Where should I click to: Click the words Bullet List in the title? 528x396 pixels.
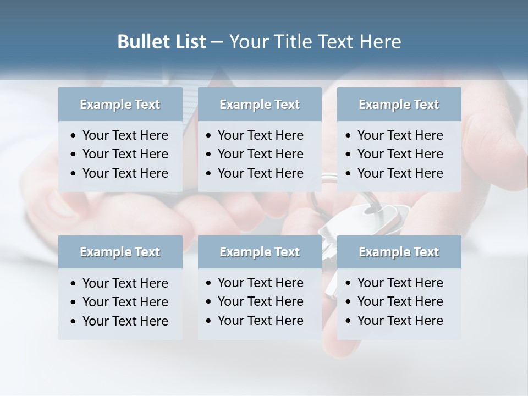pos(162,42)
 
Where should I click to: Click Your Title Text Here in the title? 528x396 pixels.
pos(315,42)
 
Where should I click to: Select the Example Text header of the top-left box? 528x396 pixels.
pos(120,105)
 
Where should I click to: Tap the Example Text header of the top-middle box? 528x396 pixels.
pos(260,105)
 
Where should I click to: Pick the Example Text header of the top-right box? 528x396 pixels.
pos(399,105)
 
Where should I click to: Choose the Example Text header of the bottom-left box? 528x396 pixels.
pos(120,252)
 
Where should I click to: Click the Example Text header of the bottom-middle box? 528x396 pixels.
pos(260,252)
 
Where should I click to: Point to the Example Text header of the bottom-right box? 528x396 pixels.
pos(399,252)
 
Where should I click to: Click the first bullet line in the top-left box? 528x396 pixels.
pos(125,135)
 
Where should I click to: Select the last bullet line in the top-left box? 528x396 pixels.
pos(125,173)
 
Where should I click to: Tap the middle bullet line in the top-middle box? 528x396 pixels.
pos(260,154)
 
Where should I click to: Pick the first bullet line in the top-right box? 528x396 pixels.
pos(400,135)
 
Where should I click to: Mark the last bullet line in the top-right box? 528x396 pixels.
pos(400,173)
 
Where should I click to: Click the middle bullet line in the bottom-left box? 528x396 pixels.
pos(125,302)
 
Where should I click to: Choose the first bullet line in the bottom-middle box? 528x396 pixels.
pos(260,283)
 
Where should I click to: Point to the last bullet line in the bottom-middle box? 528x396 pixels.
pos(260,321)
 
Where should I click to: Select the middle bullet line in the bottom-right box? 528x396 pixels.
pos(400,301)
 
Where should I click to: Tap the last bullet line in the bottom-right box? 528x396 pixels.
pos(400,321)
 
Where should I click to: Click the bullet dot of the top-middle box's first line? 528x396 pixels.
pos(209,136)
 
